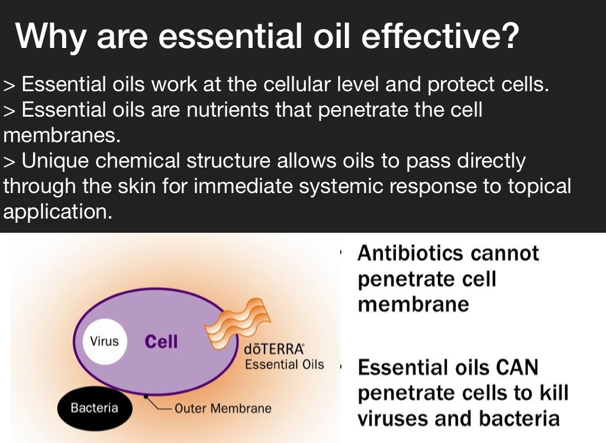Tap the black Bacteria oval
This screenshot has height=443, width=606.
(x=95, y=408)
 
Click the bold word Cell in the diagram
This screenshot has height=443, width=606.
(x=161, y=342)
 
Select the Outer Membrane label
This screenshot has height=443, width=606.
(x=223, y=408)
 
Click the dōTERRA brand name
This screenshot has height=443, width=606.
(x=274, y=349)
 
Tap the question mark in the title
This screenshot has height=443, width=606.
(x=510, y=35)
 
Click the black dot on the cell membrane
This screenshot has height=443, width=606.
(x=146, y=397)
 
